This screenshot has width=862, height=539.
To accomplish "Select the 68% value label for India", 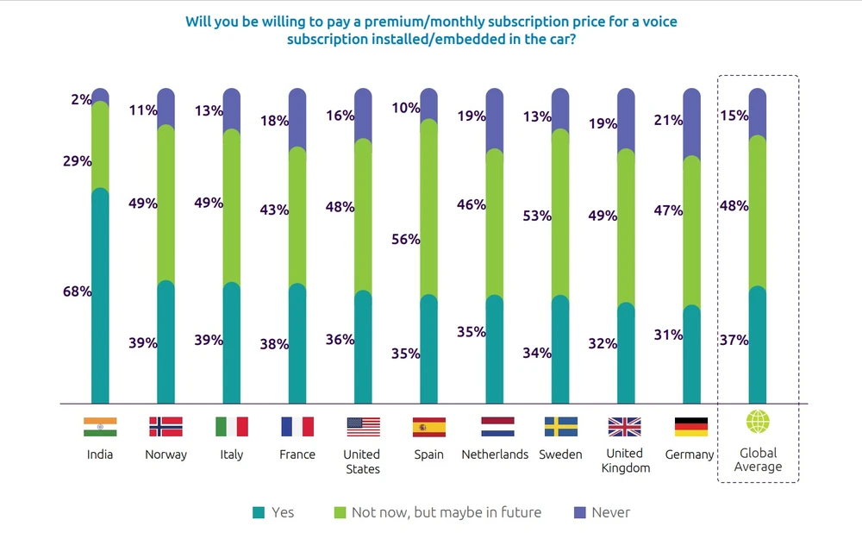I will pyautogui.click(x=77, y=291).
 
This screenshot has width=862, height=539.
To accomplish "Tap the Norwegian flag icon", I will pyautogui.click(x=166, y=426).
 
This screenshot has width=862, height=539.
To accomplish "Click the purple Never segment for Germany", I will pyautogui.click(x=691, y=123).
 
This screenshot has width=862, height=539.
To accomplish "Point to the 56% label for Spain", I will pyautogui.click(x=404, y=240).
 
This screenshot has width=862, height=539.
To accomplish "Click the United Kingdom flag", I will pyautogui.click(x=624, y=426).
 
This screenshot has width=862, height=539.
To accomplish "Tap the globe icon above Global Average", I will pyautogui.click(x=758, y=423).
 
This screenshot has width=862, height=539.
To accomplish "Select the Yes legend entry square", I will pyautogui.click(x=258, y=513).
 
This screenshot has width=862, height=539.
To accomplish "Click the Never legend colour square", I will pyautogui.click(x=578, y=513).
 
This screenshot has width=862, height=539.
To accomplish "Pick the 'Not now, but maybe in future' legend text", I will pyautogui.click(x=446, y=512).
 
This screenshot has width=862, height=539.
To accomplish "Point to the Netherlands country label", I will pyautogui.click(x=495, y=454).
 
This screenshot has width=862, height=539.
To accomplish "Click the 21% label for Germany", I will pyautogui.click(x=668, y=120).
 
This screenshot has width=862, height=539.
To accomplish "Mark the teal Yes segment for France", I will pyautogui.click(x=297, y=343).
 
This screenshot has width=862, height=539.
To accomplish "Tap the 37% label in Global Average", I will pyautogui.click(x=734, y=340).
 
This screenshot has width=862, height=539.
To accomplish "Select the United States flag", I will pyautogui.click(x=363, y=426).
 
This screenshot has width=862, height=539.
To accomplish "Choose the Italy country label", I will pyautogui.click(x=231, y=454).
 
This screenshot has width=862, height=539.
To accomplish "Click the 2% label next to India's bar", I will pyautogui.click(x=81, y=100).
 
